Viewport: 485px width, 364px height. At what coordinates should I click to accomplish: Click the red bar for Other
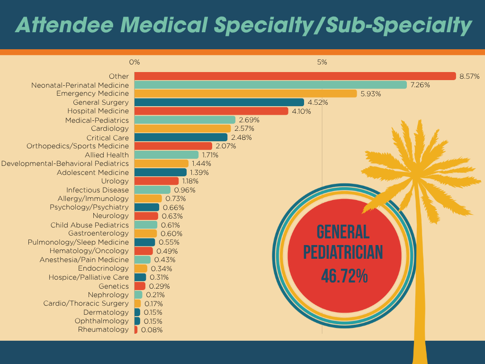(295, 76)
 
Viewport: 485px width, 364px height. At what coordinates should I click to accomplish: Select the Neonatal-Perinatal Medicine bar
(270, 85)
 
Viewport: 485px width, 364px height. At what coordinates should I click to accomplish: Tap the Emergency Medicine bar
(245, 94)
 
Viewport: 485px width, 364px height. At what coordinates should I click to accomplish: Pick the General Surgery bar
(219, 102)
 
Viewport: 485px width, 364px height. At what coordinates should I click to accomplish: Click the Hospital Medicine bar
(211, 111)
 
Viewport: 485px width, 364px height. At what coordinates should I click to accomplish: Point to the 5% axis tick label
(322, 62)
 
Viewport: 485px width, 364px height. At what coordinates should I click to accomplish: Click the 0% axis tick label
(135, 62)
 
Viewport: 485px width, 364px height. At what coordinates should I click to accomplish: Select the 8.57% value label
(469, 76)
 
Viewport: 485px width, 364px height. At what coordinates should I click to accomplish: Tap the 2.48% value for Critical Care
(241, 137)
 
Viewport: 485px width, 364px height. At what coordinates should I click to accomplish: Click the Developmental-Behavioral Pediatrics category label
(65, 164)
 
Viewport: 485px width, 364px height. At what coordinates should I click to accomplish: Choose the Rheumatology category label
(103, 329)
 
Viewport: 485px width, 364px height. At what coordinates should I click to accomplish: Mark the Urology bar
(157, 181)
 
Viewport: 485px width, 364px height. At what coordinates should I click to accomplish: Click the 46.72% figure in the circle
(344, 276)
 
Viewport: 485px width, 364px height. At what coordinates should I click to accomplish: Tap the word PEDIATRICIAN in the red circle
(343, 252)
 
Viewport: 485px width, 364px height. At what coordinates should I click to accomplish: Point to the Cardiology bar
(182, 128)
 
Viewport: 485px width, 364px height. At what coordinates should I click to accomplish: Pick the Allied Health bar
(166, 155)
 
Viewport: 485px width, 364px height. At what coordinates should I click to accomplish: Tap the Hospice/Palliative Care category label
(89, 277)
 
